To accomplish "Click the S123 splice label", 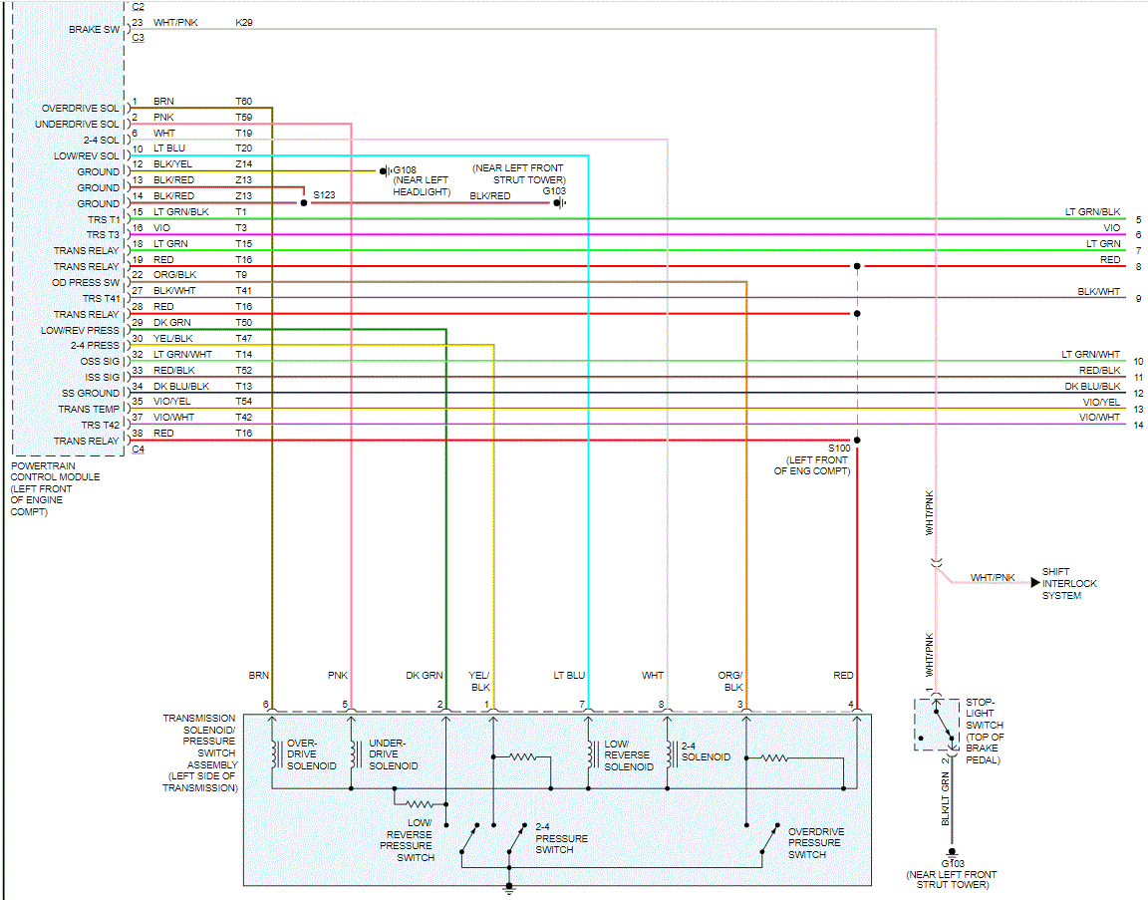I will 325,195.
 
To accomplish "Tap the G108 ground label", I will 406,169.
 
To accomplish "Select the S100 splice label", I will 839,449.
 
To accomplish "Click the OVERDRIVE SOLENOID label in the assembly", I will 311,754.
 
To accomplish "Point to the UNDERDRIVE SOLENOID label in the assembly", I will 393,754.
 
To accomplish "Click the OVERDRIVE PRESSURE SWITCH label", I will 816,843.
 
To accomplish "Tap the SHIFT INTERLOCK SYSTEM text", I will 1069,583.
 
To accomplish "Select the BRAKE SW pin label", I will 94,30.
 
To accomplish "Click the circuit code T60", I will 243,101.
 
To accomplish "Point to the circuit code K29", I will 243,21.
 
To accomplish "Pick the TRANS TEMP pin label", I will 89,410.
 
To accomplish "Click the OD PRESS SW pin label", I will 86,282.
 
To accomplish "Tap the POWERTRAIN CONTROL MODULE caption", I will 55,488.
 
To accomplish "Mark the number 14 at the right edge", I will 1137,426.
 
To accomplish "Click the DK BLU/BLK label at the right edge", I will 1092,386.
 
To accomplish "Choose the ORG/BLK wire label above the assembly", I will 733,681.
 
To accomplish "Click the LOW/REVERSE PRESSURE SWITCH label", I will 407,840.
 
